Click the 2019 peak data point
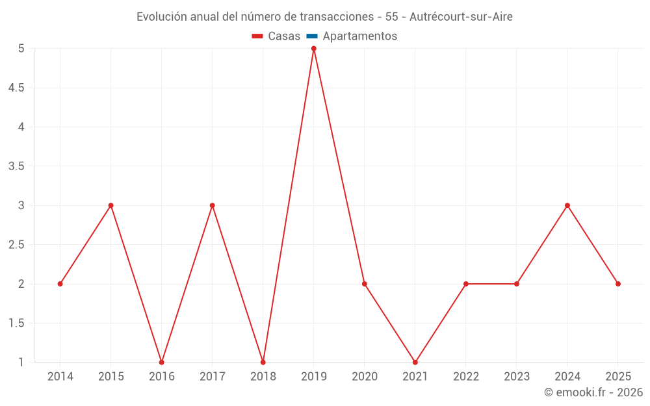[x=313, y=49]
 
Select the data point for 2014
[x=60, y=284]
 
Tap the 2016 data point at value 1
[x=161, y=362]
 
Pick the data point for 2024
[x=567, y=205]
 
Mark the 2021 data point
[x=415, y=362]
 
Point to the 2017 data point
[x=212, y=205]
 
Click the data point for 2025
[x=618, y=284]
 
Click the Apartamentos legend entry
[x=359, y=36]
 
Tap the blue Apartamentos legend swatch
[x=311, y=36]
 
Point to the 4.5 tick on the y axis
[x=16, y=88]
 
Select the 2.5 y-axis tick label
[x=16, y=245]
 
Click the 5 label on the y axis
[x=21, y=49]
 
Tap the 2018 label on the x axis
[x=263, y=377]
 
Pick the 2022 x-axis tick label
[x=466, y=377]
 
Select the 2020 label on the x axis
[x=364, y=377]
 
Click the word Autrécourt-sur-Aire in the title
[x=461, y=17]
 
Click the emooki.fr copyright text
[x=593, y=392]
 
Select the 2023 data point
[x=517, y=284]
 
